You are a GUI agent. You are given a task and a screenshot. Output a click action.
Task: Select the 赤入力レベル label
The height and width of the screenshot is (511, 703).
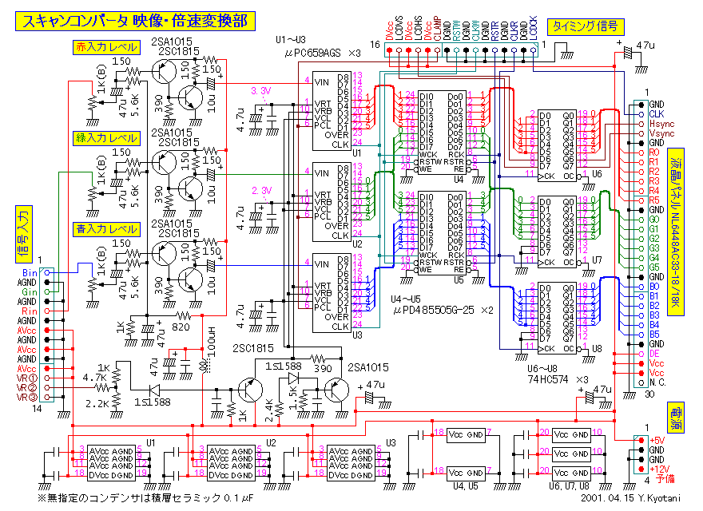pos(105,48)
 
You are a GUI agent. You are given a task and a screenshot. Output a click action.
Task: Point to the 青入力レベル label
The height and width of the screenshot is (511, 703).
pos(105,228)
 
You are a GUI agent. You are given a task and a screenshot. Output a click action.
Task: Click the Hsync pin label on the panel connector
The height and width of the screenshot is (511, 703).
pos(660,125)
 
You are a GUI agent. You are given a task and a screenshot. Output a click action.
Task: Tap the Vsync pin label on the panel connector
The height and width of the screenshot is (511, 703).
pos(660,134)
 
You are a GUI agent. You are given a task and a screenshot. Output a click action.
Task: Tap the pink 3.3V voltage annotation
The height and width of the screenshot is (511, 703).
pos(262,90)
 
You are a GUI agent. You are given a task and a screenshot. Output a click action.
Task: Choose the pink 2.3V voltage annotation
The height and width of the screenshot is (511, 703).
pos(262,190)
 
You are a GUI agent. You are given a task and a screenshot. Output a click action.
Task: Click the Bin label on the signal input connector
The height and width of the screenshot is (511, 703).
pos(29,273)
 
